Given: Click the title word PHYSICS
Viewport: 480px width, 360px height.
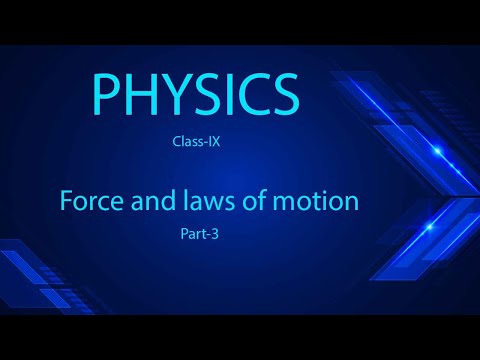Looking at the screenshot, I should point(195,95).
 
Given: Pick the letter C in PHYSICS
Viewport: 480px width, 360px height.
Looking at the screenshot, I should point(249,95).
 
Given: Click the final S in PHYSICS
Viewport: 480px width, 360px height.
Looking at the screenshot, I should point(282,95).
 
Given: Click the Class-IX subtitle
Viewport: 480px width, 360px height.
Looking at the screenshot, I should point(196,142).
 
